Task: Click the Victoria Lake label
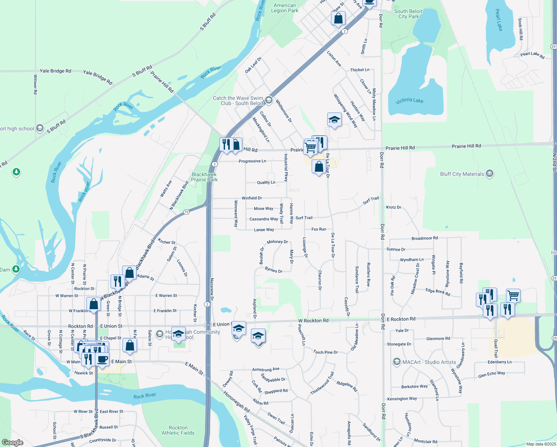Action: point(409,101)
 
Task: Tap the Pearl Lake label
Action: point(499,20)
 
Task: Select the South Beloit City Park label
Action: point(408,14)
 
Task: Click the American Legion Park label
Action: point(285,8)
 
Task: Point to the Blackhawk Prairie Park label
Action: point(204,177)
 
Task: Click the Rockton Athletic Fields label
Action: point(178,430)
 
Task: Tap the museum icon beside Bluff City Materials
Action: point(490,174)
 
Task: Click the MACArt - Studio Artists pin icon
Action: point(397,362)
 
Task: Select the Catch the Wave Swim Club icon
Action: point(268,100)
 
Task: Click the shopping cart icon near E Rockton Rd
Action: point(513,295)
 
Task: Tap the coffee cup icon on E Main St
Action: point(102,359)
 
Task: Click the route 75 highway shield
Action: point(186,212)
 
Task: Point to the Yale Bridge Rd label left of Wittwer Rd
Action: point(55,71)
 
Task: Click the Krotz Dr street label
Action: point(394,207)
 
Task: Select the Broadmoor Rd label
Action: point(424,238)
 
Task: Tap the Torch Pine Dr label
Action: point(325,352)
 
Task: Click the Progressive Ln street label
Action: point(252,161)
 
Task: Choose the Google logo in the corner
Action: point(13,443)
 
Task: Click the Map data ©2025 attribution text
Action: point(541,444)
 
